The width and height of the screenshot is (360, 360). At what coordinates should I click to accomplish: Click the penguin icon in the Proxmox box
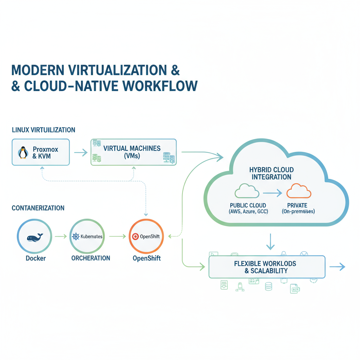23,153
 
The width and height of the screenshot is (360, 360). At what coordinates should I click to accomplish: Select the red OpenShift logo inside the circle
134,237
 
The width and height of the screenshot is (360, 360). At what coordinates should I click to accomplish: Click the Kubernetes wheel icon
76,237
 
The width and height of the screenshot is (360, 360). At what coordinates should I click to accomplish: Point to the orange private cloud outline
299,192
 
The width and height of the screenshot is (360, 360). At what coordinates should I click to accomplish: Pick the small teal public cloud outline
247,192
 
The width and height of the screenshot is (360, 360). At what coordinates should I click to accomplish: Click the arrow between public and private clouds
272,192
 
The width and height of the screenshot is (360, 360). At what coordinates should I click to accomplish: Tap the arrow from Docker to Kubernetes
61,237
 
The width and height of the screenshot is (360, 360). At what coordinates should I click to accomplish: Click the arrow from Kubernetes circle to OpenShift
117,237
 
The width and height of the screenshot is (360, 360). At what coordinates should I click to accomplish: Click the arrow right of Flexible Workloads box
337,267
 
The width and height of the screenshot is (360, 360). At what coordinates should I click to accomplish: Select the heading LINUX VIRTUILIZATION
44,130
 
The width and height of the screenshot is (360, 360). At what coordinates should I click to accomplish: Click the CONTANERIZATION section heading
38,208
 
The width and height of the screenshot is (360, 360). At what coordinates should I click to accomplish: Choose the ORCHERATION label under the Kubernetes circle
91,258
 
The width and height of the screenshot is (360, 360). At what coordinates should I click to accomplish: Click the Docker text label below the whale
36,258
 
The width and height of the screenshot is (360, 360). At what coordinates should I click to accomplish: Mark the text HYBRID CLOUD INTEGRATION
271,173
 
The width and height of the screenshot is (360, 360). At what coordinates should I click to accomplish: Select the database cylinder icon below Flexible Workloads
269,287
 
